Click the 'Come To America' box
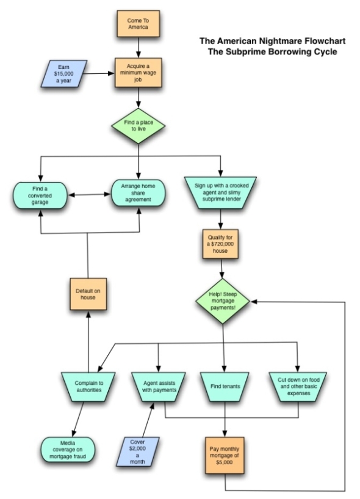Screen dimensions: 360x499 pyautogui.click(x=139, y=24)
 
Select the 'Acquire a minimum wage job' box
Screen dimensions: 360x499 pyautogui.click(x=139, y=73)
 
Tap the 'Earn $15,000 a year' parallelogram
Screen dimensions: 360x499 pyautogui.click(x=64, y=74)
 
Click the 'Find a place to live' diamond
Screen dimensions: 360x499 pyautogui.click(x=139, y=126)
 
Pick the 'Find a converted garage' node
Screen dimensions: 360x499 pyautogui.click(x=40, y=195)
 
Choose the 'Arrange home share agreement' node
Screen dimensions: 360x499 pyautogui.click(x=138, y=193)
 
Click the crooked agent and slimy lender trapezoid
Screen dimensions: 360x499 pyautogui.click(x=221, y=192)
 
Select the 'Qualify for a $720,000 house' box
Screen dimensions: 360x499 pyautogui.click(x=220, y=244)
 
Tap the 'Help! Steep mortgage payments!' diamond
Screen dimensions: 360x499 pyautogui.click(x=223, y=301)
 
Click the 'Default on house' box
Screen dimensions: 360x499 pyautogui.click(x=88, y=294)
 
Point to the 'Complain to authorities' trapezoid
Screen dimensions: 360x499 pyautogui.click(x=88, y=387)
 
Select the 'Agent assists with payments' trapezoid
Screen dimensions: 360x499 pyautogui.click(x=159, y=387)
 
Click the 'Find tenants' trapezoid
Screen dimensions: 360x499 pyautogui.click(x=225, y=387)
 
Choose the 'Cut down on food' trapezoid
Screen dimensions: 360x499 pyautogui.click(x=298, y=387)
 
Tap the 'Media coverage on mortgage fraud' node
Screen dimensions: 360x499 pyautogui.click(x=68, y=450)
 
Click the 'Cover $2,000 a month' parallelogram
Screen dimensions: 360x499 pyautogui.click(x=137, y=451)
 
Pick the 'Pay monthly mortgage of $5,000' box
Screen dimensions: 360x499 pyautogui.click(x=225, y=456)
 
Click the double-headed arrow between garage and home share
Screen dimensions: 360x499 pyautogui.click(x=89, y=194)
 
